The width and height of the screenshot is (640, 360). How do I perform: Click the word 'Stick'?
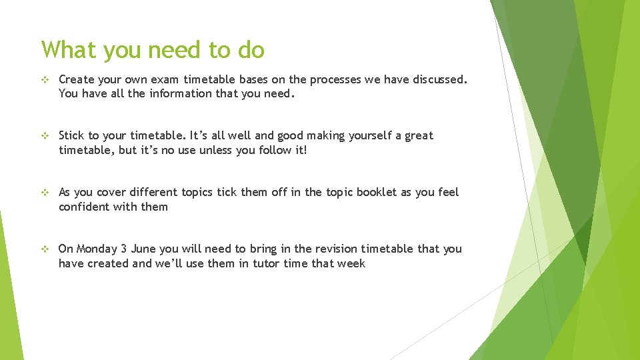[x=72, y=136]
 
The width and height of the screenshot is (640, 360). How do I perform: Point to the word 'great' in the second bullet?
[x=419, y=136]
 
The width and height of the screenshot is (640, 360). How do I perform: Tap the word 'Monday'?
[x=97, y=249]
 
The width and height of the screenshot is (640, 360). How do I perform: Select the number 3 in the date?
[x=124, y=249]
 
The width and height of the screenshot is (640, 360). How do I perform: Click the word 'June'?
[x=143, y=249]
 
